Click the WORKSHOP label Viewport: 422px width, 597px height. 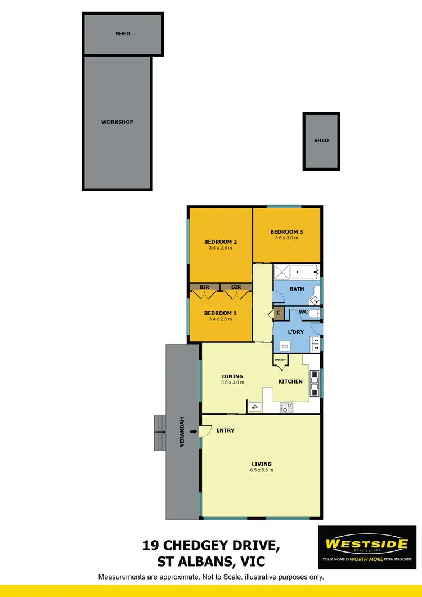click(117, 122)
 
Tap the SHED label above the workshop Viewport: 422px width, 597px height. click(123, 34)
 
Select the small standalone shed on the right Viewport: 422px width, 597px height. click(321, 141)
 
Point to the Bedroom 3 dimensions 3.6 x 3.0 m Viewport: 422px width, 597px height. click(286, 238)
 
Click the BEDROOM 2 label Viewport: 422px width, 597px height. click(220, 242)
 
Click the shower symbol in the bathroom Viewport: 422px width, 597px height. click(282, 273)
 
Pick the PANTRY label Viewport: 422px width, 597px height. click(280, 359)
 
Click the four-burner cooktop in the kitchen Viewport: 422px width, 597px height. click(286, 406)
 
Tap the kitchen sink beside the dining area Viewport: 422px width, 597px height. click(255, 406)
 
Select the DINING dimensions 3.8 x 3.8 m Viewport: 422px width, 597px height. click(232, 383)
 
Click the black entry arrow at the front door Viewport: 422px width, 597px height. click(194, 431)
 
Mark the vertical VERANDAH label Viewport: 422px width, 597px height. click(182, 433)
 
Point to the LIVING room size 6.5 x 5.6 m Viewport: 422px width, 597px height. click(262, 470)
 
